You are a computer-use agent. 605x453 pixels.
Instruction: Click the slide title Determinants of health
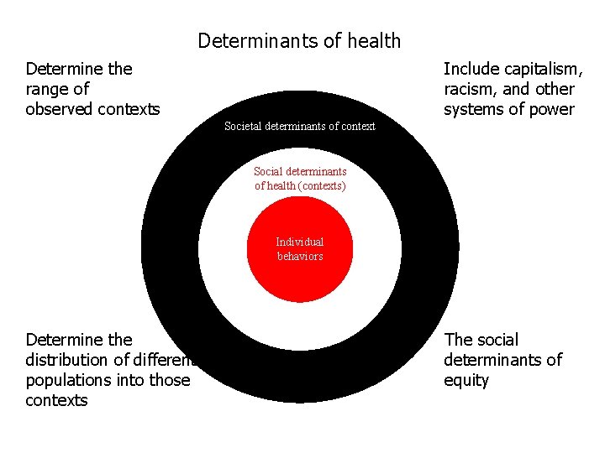(x=299, y=40)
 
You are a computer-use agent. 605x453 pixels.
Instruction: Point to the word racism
(x=468, y=89)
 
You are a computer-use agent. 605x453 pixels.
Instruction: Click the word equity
(x=466, y=380)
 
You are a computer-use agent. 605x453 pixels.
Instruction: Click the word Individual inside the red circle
(x=300, y=242)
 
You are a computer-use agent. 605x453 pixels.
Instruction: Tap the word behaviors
(x=300, y=256)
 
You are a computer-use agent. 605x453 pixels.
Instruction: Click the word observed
(x=58, y=109)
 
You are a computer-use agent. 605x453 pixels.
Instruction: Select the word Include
(x=471, y=69)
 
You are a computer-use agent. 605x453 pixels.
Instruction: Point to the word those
(x=168, y=380)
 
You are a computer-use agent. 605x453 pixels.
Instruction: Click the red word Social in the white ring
(x=268, y=172)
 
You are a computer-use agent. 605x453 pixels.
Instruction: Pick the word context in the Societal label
(x=357, y=127)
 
